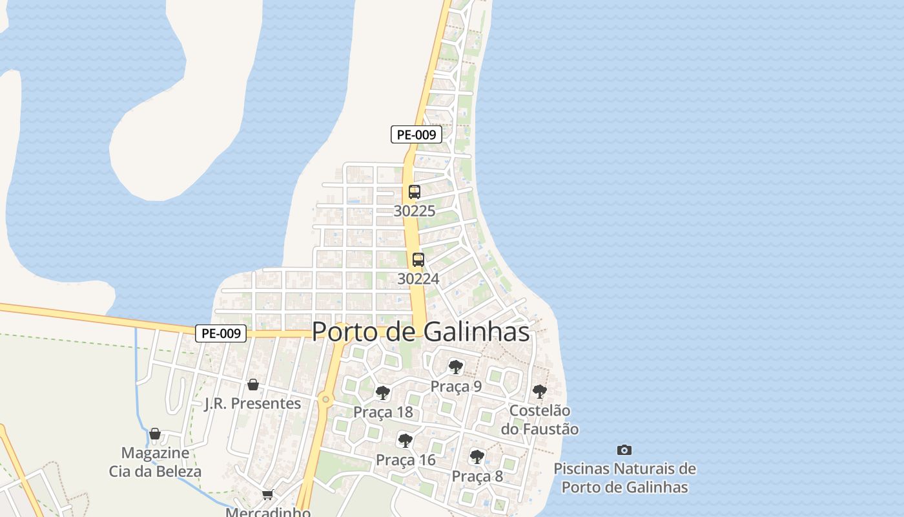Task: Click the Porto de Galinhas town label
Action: pos(420,332)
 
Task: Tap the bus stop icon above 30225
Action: pos(415,192)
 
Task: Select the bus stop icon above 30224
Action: pos(418,260)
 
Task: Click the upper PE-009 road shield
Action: pos(416,134)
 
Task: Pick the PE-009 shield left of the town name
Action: pos(221,333)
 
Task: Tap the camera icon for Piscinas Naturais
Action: pos(624,450)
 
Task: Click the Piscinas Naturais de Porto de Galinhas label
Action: pos(624,478)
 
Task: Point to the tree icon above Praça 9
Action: pos(456,367)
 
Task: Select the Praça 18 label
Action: pos(383,412)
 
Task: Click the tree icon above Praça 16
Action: pos(406,441)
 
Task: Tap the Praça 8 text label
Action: pos(477,476)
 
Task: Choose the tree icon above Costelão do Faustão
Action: pos(539,392)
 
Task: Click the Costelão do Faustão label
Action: pos(540,419)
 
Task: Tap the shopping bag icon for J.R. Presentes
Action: pos(253,385)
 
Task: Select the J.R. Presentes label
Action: pos(252,403)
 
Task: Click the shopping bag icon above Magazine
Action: pos(155,434)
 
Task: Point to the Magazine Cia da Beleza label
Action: pos(155,462)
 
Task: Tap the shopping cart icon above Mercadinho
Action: pos(268,495)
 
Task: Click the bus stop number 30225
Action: pos(415,211)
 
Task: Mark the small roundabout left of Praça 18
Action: pos(326,399)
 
